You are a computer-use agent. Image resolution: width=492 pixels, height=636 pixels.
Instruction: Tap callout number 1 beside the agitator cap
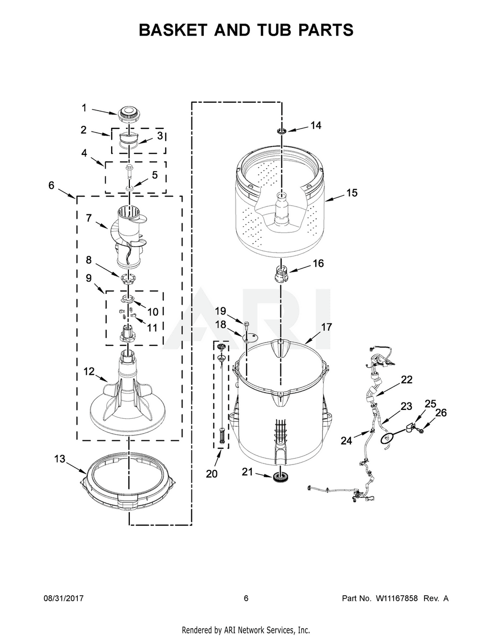click(x=84, y=108)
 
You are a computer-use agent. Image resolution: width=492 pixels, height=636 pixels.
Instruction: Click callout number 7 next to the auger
click(x=89, y=218)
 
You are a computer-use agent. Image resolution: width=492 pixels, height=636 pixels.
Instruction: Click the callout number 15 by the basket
click(x=352, y=193)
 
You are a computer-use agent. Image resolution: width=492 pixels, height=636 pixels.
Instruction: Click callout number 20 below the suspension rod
click(x=212, y=473)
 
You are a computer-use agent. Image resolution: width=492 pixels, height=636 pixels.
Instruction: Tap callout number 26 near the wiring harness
click(x=441, y=413)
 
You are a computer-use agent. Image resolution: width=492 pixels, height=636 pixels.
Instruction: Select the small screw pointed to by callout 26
click(x=420, y=431)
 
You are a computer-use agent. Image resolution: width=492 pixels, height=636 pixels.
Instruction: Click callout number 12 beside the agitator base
click(x=89, y=372)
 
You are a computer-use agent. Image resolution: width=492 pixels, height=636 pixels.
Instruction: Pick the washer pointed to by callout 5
click(x=129, y=187)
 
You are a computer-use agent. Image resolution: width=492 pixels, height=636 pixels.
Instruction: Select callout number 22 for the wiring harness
click(x=407, y=379)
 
